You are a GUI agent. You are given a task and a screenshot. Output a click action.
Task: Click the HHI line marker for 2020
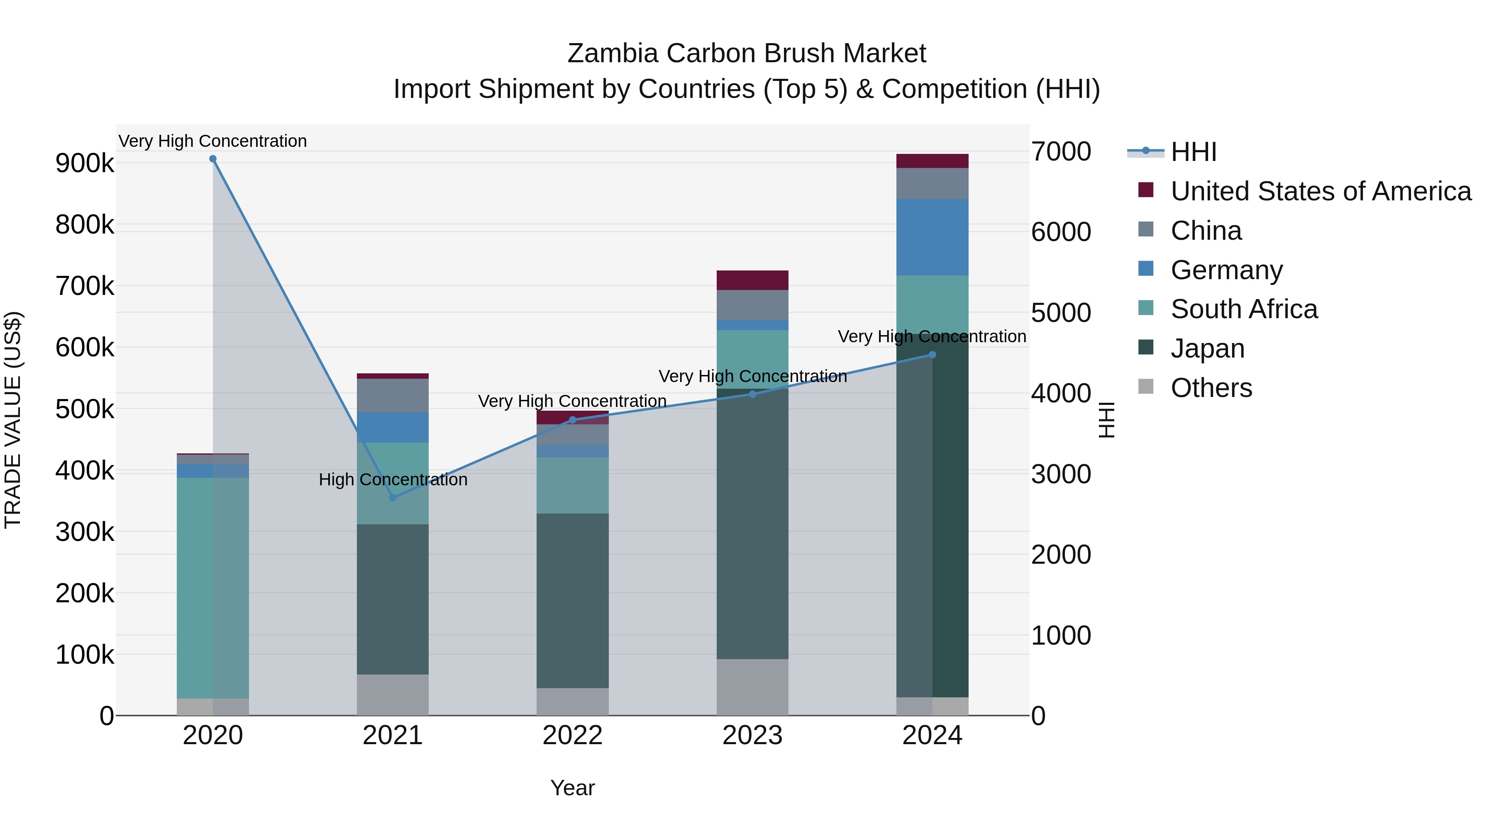[213, 159]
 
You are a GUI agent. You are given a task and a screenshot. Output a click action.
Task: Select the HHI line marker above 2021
[393, 497]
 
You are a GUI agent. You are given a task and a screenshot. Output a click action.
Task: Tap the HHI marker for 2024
[932, 355]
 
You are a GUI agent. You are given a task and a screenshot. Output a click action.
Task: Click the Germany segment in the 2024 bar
[932, 237]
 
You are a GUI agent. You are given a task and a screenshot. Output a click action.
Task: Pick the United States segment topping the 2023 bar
[752, 280]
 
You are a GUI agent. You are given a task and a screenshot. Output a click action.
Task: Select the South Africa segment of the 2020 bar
[213, 587]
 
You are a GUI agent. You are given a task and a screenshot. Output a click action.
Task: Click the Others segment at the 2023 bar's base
[752, 687]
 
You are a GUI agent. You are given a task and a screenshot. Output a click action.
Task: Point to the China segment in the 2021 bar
[393, 395]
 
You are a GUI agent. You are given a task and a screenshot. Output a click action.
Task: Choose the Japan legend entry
[1208, 348]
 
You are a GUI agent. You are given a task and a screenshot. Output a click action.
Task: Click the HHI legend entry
[1194, 152]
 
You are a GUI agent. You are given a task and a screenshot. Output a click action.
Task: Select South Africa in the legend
[1244, 309]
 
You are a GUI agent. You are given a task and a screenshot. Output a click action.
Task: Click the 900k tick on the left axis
[85, 163]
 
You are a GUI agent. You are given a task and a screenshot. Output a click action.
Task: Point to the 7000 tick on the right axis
[1061, 152]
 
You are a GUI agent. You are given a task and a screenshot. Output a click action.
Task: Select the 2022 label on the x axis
[572, 735]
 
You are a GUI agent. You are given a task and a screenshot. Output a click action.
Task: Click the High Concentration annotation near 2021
[393, 480]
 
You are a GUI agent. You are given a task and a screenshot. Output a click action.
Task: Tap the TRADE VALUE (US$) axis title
[13, 420]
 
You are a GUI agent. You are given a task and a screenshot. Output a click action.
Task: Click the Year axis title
[572, 788]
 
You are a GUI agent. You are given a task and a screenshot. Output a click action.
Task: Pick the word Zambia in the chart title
[613, 54]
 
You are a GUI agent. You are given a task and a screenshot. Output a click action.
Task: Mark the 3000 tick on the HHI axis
[1061, 474]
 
